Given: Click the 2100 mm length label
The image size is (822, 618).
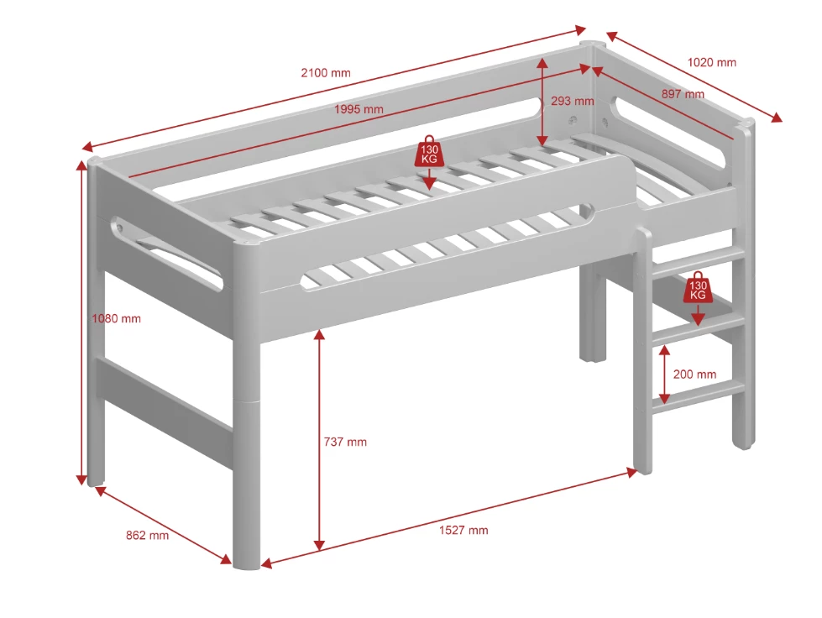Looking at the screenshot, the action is [x=326, y=73].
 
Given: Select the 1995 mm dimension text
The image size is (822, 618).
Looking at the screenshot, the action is [x=359, y=109].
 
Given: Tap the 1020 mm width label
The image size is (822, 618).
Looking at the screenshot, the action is [x=711, y=62].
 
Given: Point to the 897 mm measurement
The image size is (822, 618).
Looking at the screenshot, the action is [x=683, y=94].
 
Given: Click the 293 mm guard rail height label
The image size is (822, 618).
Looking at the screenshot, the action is [x=573, y=101].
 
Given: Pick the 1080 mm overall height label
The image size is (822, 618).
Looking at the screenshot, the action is [x=117, y=318].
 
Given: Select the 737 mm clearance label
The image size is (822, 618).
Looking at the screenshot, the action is [x=345, y=442].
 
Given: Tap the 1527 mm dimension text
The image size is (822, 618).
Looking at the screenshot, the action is [x=463, y=530].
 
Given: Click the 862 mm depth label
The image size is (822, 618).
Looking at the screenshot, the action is [x=147, y=535].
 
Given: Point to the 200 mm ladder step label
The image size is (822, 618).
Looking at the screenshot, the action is [x=694, y=374].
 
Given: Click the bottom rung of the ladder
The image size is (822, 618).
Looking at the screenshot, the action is [x=698, y=397].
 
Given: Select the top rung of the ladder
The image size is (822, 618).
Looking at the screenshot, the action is [x=698, y=261].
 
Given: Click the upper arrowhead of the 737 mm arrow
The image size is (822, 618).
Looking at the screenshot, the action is [x=319, y=334].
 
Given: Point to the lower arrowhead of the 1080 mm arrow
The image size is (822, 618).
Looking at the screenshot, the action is [x=81, y=479].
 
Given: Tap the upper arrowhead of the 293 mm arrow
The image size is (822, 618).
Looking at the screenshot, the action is [x=542, y=64].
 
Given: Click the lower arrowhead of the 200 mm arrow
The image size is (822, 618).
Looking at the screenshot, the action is [x=664, y=398].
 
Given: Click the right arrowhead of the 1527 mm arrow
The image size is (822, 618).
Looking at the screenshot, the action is [x=631, y=472].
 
